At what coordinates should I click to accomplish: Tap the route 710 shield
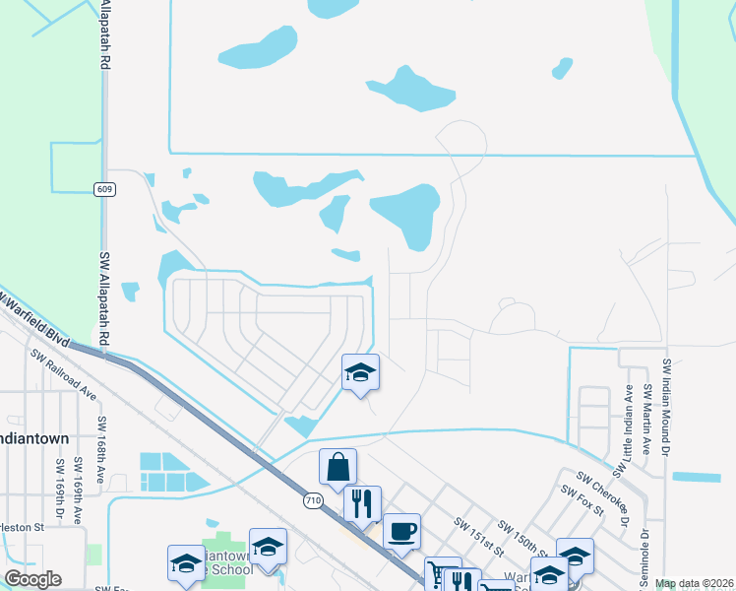[312, 500]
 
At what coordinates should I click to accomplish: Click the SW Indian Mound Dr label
[667, 404]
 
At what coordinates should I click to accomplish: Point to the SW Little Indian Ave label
[629, 421]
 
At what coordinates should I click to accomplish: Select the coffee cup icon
[401, 532]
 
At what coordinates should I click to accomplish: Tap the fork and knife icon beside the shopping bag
[362, 503]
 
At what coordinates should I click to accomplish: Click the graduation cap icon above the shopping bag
[360, 372]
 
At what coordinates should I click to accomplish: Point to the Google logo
[32, 579]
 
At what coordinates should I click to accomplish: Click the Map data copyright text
[695, 584]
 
